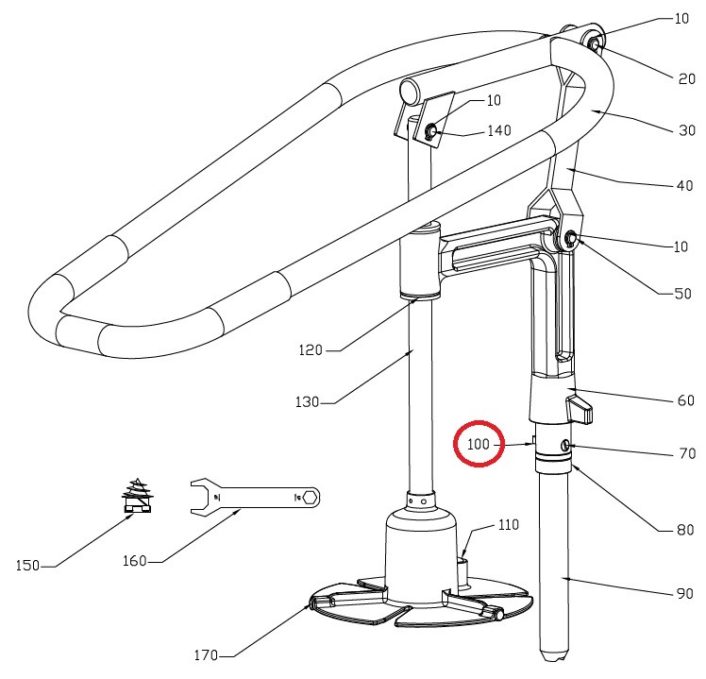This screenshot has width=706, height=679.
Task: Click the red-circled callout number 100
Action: coord(479,443)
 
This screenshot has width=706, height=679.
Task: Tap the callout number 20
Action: coord(686,78)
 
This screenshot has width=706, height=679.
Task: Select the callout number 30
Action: coord(686,131)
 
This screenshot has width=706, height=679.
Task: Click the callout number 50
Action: coord(681,294)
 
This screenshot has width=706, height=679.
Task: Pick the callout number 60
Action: coord(686,400)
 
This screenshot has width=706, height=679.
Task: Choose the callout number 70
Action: coord(687,453)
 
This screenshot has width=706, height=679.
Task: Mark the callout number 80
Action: coord(685,530)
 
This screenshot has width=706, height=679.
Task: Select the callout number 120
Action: coord(311,349)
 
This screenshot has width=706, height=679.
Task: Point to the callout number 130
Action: coord(307,402)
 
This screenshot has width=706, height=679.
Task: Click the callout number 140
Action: coord(498,130)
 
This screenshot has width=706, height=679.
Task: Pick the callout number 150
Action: coord(28,566)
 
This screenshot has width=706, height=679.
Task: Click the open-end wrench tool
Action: coord(255,495)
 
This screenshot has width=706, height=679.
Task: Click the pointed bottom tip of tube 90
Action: coord(550,654)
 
